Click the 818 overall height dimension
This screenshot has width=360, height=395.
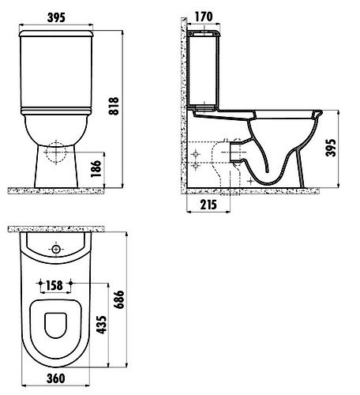pos(114,106)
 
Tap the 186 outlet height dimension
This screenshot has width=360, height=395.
pos(96,168)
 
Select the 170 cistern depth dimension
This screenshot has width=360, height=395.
pos(204,17)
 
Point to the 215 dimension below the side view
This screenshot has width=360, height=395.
pos(208,205)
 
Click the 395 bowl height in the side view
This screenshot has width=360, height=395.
pos(331,148)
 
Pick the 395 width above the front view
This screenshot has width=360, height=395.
pos(56,17)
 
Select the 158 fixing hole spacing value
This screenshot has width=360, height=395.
pos(54,285)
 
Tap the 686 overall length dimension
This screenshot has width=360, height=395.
pos(118,299)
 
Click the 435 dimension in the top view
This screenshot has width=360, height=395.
pos(101,325)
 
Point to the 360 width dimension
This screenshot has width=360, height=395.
pos(56,378)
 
